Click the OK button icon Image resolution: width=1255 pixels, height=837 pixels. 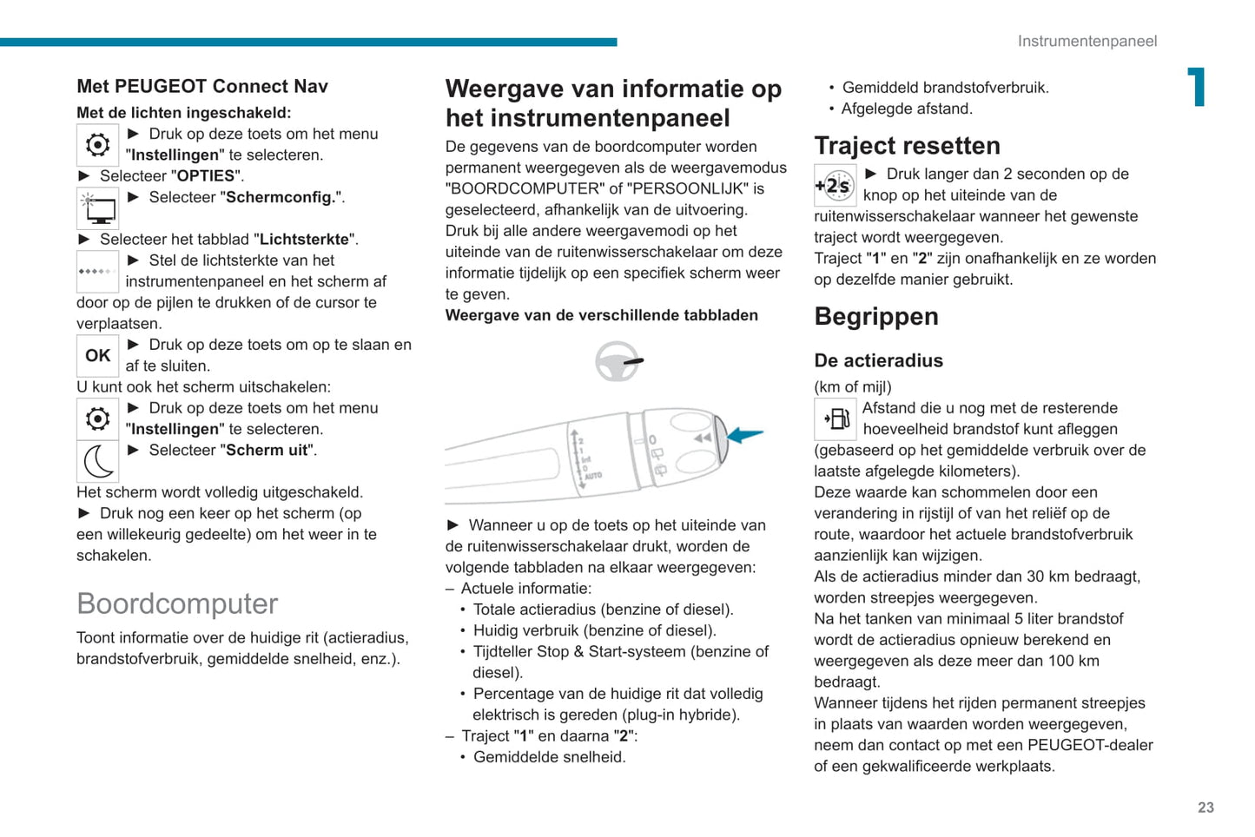pyautogui.click(x=97, y=355)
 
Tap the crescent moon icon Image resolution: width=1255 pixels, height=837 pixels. pyautogui.click(x=98, y=461)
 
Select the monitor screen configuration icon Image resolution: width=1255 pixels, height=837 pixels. pyautogui.click(x=98, y=208)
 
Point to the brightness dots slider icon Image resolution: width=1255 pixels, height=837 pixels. pyautogui.click(x=97, y=272)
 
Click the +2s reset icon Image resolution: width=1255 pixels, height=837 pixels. pyautogui.click(x=835, y=185)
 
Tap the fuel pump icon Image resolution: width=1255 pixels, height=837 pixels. pyautogui.click(x=836, y=419)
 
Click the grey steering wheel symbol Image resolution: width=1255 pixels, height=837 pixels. pyautogui.click(x=618, y=361)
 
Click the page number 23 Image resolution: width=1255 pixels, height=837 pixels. pyautogui.click(x=1205, y=807)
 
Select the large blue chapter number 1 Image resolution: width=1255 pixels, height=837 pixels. pyautogui.click(x=1198, y=87)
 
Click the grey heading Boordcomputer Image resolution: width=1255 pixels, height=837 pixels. pyautogui.click(x=177, y=603)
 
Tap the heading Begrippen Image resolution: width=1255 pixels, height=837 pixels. pyautogui.click(x=876, y=316)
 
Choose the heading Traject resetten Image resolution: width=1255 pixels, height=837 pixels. pyautogui.click(x=907, y=145)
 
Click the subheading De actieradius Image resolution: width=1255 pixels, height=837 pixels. pyautogui.click(x=878, y=360)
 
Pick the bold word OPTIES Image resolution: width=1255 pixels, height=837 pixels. pyautogui.click(x=206, y=175)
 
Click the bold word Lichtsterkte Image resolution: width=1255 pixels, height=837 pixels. pyautogui.click(x=304, y=239)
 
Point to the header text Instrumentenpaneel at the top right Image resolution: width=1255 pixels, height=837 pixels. pyautogui.click(x=1087, y=41)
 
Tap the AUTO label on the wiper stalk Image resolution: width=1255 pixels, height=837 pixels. pyautogui.click(x=593, y=476)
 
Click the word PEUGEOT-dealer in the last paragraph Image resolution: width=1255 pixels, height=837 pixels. pyautogui.click(x=1090, y=745)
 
